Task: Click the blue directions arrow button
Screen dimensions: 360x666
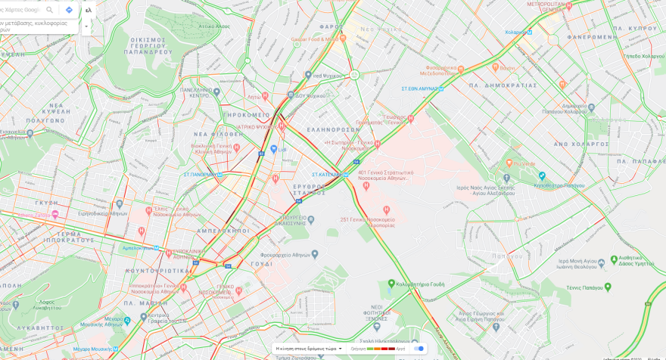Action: click(69, 10)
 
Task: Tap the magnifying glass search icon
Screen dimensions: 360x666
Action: click(50, 10)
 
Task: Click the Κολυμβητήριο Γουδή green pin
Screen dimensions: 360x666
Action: click(392, 284)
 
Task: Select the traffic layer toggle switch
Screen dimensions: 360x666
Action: click(418, 349)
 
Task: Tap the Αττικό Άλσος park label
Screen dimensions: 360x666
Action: click(214, 26)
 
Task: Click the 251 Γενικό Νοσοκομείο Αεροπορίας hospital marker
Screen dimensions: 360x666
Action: click(387, 209)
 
